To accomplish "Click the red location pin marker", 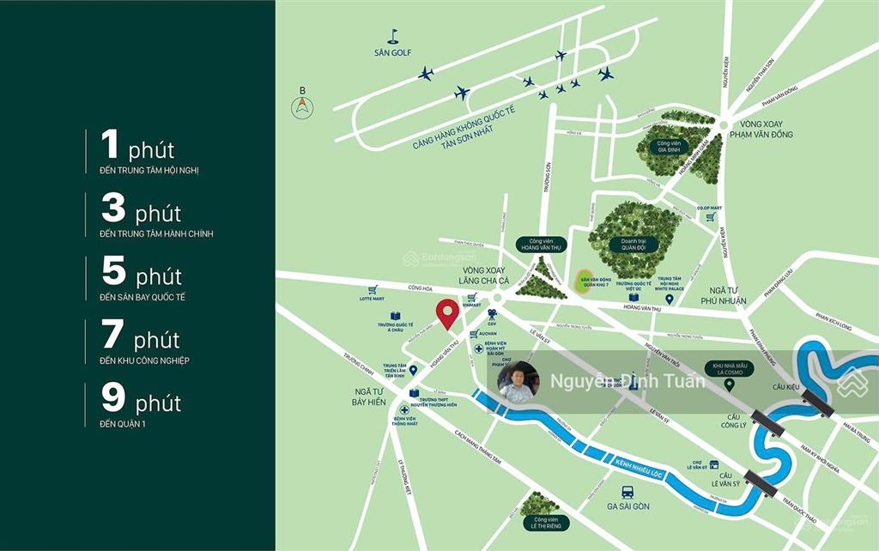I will coord(446,313).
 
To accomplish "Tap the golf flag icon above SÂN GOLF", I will coord(393,36).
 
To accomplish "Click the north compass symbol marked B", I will coord(302,106).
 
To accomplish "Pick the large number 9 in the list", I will coord(112,397).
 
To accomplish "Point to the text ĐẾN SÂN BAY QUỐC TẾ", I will coord(142,297).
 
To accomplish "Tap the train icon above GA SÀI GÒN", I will coord(627,493).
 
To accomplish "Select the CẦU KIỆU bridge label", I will coord(785,387).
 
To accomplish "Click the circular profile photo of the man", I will coord(518,382).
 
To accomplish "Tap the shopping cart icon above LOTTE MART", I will coord(373,290).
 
